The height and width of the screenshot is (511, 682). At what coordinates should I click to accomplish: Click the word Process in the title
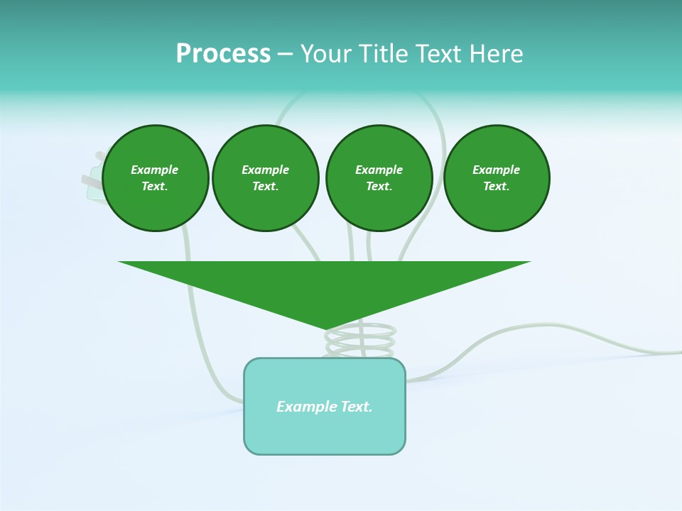223,54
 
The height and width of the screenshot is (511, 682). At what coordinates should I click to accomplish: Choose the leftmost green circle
156,178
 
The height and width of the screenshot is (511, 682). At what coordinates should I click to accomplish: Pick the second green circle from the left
266,178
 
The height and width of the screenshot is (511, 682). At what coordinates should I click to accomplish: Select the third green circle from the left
379,178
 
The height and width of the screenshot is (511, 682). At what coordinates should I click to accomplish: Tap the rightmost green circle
497,178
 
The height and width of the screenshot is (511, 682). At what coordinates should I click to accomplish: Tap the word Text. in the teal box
357,407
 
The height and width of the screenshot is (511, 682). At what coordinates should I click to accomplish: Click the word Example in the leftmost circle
155,170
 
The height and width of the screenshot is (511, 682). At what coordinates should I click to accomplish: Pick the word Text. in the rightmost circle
497,187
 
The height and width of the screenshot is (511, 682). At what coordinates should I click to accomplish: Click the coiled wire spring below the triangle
360,342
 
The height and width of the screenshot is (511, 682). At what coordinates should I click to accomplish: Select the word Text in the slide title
440,54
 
